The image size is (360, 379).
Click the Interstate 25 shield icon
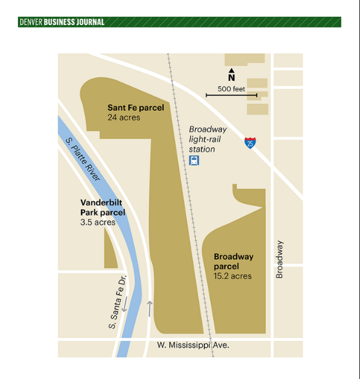tap(250, 142)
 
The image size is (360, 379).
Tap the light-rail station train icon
tap(194, 160)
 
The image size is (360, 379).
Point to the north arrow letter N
tap(232, 78)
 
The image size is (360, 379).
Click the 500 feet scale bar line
tap(231, 96)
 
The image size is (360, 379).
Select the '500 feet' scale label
tap(232, 88)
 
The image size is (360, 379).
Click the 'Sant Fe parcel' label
tap(135, 108)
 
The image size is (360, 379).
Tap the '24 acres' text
tap(124, 117)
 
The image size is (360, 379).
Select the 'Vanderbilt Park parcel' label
tap(103, 207)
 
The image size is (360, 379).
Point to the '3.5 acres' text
tap(98, 223)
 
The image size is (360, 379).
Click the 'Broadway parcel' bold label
tap(234, 261)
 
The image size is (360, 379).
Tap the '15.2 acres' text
tap(233, 276)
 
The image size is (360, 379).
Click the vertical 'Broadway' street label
tap(279, 259)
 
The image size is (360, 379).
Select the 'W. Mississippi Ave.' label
tap(193, 345)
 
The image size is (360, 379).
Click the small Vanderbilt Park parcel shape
tap(110, 250)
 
